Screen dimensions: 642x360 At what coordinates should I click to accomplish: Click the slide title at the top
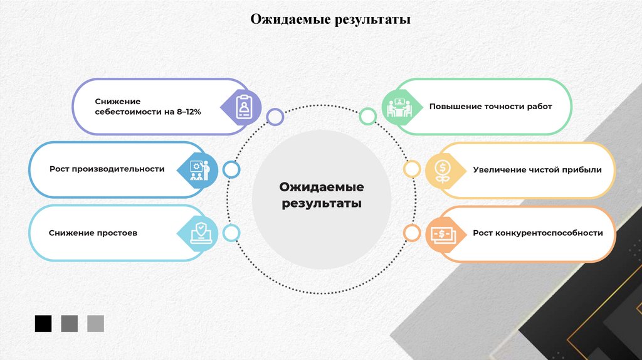330,19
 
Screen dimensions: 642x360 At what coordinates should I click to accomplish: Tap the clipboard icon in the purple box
244,106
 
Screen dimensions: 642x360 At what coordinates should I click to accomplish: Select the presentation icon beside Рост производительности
199,169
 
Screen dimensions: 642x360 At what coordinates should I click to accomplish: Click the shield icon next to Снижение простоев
199,233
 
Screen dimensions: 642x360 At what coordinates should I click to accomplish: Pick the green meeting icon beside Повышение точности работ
397,107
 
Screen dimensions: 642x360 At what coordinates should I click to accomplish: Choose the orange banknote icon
443,234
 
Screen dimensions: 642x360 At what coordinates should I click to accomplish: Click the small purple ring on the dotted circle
275,117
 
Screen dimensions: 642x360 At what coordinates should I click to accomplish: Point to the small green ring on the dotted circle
368,116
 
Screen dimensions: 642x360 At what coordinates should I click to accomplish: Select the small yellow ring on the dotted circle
412,169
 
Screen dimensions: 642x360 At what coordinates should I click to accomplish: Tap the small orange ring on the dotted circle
412,233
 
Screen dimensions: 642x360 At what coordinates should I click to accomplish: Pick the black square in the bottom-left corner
43,324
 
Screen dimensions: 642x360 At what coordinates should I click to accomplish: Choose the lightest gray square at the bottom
96,324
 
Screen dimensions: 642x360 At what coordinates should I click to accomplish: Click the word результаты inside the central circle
321,203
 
